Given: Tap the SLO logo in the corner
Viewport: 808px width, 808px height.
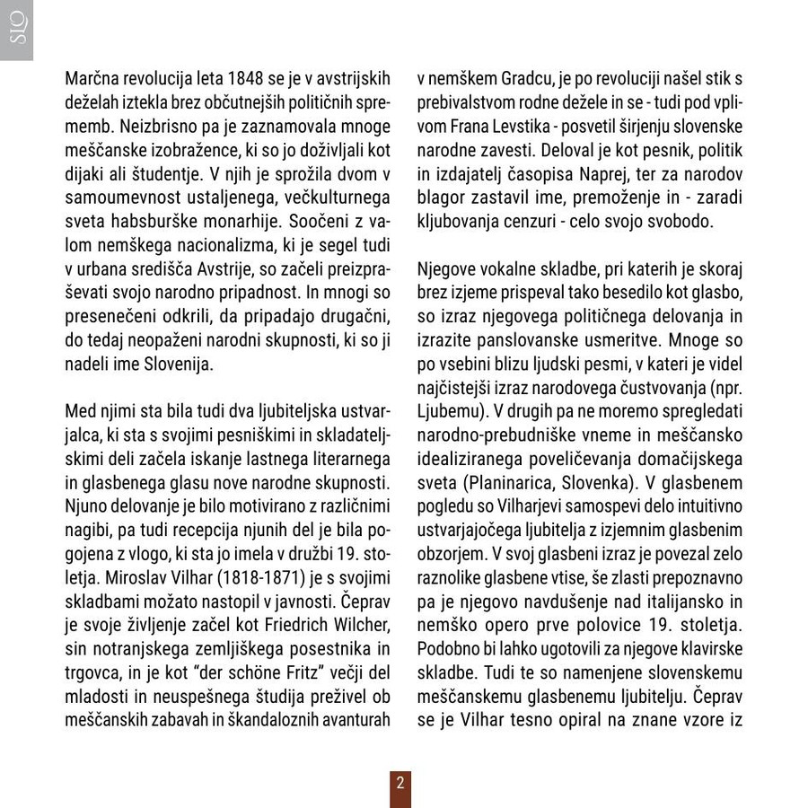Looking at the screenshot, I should click(x=16, y=30).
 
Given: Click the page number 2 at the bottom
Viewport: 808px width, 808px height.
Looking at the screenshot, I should click(x=400, y=782).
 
